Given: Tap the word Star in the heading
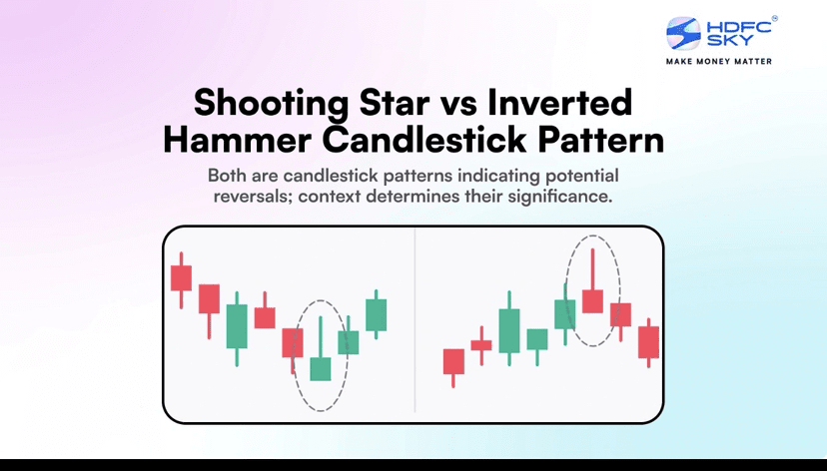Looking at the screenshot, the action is pos(395,103).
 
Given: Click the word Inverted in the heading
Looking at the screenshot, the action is pos(559,102).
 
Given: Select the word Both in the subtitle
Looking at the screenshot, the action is pos(227,175).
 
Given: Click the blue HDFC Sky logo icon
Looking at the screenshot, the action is pos(683,33).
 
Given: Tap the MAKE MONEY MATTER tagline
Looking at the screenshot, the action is pos(719,61).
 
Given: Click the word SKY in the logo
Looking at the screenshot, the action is pos(729,40).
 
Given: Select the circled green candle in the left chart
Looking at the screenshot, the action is pos(321,368).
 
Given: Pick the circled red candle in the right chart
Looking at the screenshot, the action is pos(593,300).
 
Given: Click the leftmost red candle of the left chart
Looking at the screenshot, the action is pos(181,278).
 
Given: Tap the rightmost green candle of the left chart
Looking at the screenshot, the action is pos(377,314).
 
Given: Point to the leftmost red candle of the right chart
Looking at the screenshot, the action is pos(453,361).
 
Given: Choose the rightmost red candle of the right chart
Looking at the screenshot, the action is pos(649,342).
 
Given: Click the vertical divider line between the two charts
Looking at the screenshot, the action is pos(415,319).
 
